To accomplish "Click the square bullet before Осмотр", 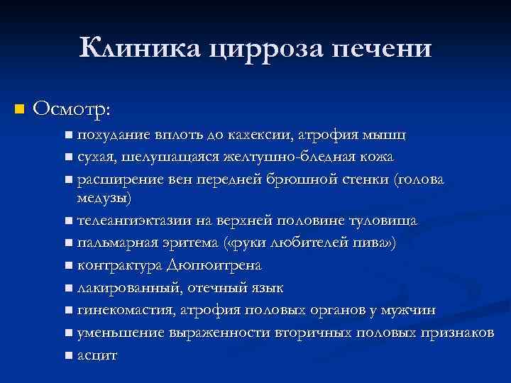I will pyautogui.click(x=19, y=109).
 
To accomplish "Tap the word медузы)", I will pyautogui.click(x=104, y=196).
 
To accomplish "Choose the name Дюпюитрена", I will pyautogui.click(x=214, y=265).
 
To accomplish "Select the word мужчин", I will pyautogui.click(x=412, y=310).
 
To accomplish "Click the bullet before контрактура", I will pyautogui.click(x=67, y=266).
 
